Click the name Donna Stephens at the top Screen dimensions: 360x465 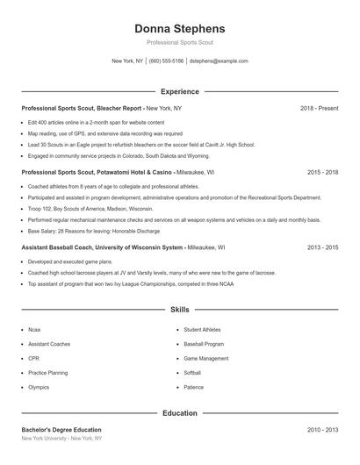tap(179, 28)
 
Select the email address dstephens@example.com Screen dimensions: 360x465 tap(219, 61)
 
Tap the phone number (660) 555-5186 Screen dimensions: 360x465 tap(166, 61)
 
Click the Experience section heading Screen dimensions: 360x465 tap(179, 91)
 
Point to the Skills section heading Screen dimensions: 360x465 tap(179, 310)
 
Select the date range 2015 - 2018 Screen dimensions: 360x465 tap(322, 173)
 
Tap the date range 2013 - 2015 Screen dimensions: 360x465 tap(322, 247)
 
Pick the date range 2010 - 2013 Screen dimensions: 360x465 tap(322, 430)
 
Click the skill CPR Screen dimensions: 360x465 tap(32, 358)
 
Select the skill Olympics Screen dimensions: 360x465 tap(39, 387)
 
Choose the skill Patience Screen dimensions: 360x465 tap(194, 387)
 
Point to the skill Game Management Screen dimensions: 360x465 tap(206, 358)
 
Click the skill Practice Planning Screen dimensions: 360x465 tap(47, 372)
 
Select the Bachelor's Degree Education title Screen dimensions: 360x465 tap(61, 430)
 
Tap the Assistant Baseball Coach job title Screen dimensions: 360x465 tap(58, 247)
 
